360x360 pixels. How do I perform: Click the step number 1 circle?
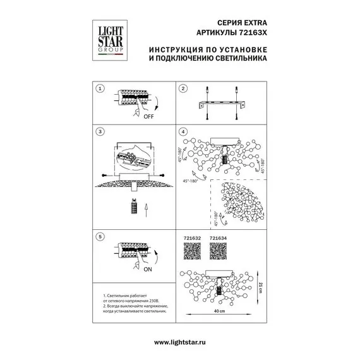(x=99, y=89)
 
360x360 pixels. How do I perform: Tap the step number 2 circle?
(x=183, y=89)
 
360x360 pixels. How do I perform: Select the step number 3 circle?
(x=99, y=133)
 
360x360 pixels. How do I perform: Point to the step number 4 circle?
(x=183, y=133)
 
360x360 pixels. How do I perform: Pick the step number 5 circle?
(x=99, y=238)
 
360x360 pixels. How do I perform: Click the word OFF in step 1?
(x=149, y=117)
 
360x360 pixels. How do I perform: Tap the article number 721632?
(x=192, y=239)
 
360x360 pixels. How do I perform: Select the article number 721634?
(x=219, y=239)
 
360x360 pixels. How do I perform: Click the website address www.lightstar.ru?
(x=180, y=342)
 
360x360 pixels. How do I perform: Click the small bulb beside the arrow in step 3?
(x=133, y=206)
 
